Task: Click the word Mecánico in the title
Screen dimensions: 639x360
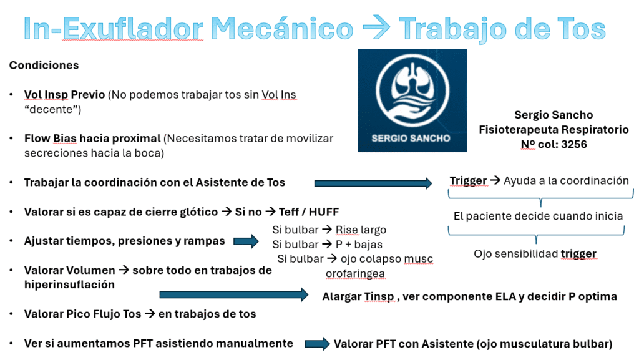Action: (x=282, y=29)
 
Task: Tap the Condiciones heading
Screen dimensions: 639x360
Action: (x=44, y=65)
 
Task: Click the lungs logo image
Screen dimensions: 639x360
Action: (x=412, y=100)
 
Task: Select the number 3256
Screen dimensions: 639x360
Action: (x=574, y=144)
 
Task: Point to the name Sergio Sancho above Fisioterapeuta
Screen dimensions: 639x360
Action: (x=554, y=115)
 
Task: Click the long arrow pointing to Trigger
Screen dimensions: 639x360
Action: (x=373, y=183)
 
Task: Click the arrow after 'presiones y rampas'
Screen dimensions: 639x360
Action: (x=246, y=241)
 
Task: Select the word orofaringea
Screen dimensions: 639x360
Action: (x=355, y=273)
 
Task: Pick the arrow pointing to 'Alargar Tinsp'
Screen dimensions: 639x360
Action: (x=234, y=294)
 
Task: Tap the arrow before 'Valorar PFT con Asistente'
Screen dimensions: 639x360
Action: (x=317, y=344)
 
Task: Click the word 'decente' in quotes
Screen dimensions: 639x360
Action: (x=52, y=109)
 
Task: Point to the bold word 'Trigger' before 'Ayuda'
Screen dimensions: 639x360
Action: (x=468, y=180)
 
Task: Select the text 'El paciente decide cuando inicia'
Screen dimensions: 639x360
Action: (x=538, y=216)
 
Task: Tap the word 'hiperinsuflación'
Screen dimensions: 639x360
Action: (x=69, y=285)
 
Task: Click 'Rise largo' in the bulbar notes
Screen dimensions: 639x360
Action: (x=361, y=230)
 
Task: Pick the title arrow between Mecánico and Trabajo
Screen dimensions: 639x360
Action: (x=376, y=27)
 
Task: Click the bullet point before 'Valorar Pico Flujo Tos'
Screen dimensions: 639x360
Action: (x=11, y=314)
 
